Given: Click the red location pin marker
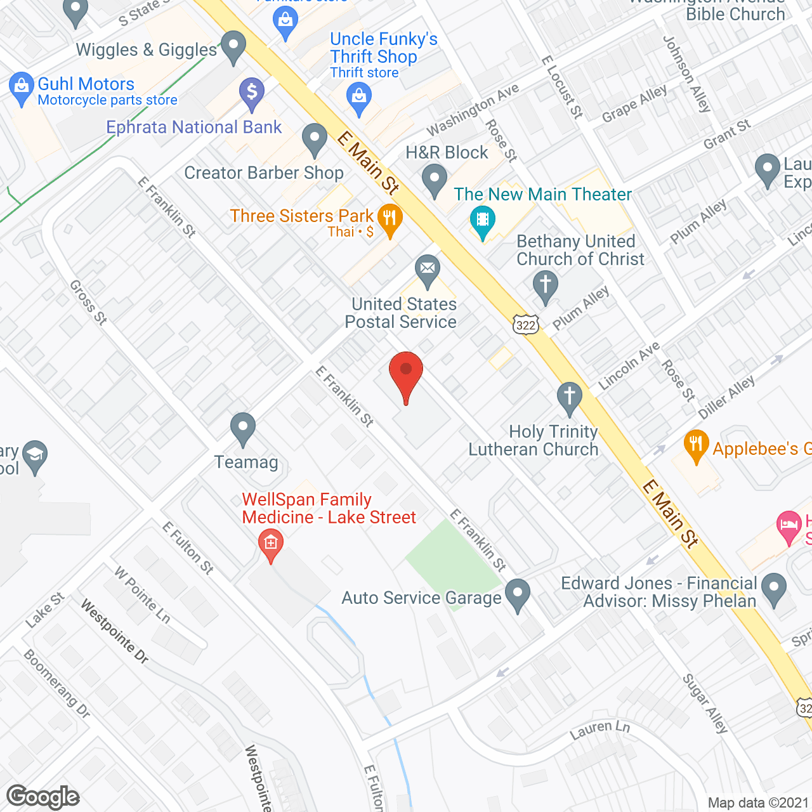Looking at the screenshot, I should coord(405,374).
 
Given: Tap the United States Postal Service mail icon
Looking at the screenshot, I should coord(428,269).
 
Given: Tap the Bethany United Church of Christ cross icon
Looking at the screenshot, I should coord(545,285).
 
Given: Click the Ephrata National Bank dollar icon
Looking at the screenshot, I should coord(252,93).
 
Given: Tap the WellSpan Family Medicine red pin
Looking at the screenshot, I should coord(271,544).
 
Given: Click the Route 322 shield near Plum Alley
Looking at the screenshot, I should coord(526,325).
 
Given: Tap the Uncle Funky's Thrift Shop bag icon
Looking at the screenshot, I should coord(359,98).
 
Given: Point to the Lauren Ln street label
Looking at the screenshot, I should coord(599,730).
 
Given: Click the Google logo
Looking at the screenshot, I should coord(43,797).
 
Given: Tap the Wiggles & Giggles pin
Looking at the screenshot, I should coord(233,46).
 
